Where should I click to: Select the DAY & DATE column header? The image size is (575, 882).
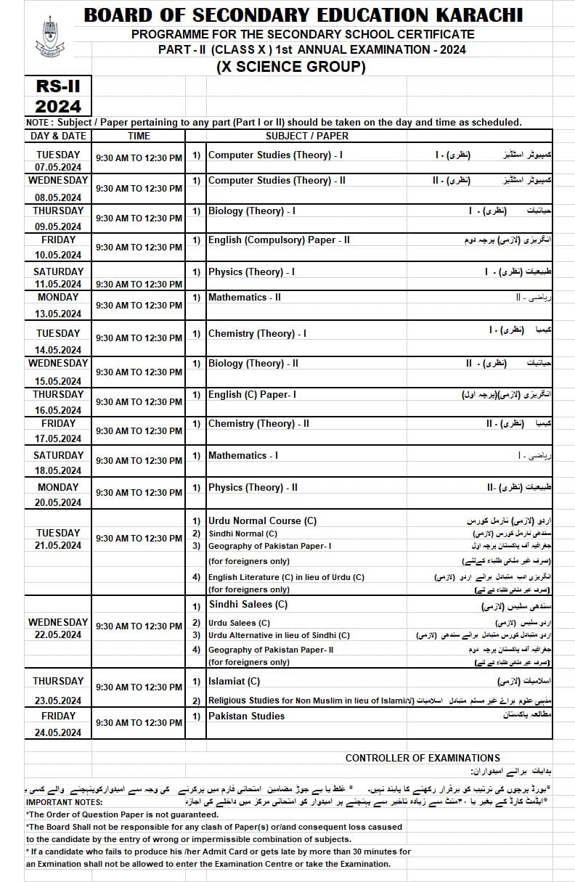pos(58,136)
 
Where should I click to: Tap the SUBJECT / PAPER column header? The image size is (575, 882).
pos(306,136)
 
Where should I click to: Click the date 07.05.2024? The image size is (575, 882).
pos(59,168)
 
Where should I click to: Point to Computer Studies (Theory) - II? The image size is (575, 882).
pos(277,180)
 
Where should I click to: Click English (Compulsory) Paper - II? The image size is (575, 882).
pos(279,240)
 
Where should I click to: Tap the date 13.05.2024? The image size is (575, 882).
pos(59,314)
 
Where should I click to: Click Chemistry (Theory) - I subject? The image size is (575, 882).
pos(257,333)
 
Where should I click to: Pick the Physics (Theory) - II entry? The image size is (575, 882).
pos(253,487)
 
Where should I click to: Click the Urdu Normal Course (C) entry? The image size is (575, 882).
pos(262,520)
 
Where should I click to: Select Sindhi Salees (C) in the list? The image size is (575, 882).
pos(248,604)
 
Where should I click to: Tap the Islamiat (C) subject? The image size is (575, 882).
pos(234,681)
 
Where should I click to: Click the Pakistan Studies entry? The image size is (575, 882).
pos(246,716)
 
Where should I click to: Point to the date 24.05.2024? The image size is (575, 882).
pos(59,732)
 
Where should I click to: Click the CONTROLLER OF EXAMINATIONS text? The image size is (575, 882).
pos(423,758)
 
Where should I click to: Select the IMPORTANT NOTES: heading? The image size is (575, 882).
pos(64,802)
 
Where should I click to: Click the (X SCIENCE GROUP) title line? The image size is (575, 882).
pos(290,68)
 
